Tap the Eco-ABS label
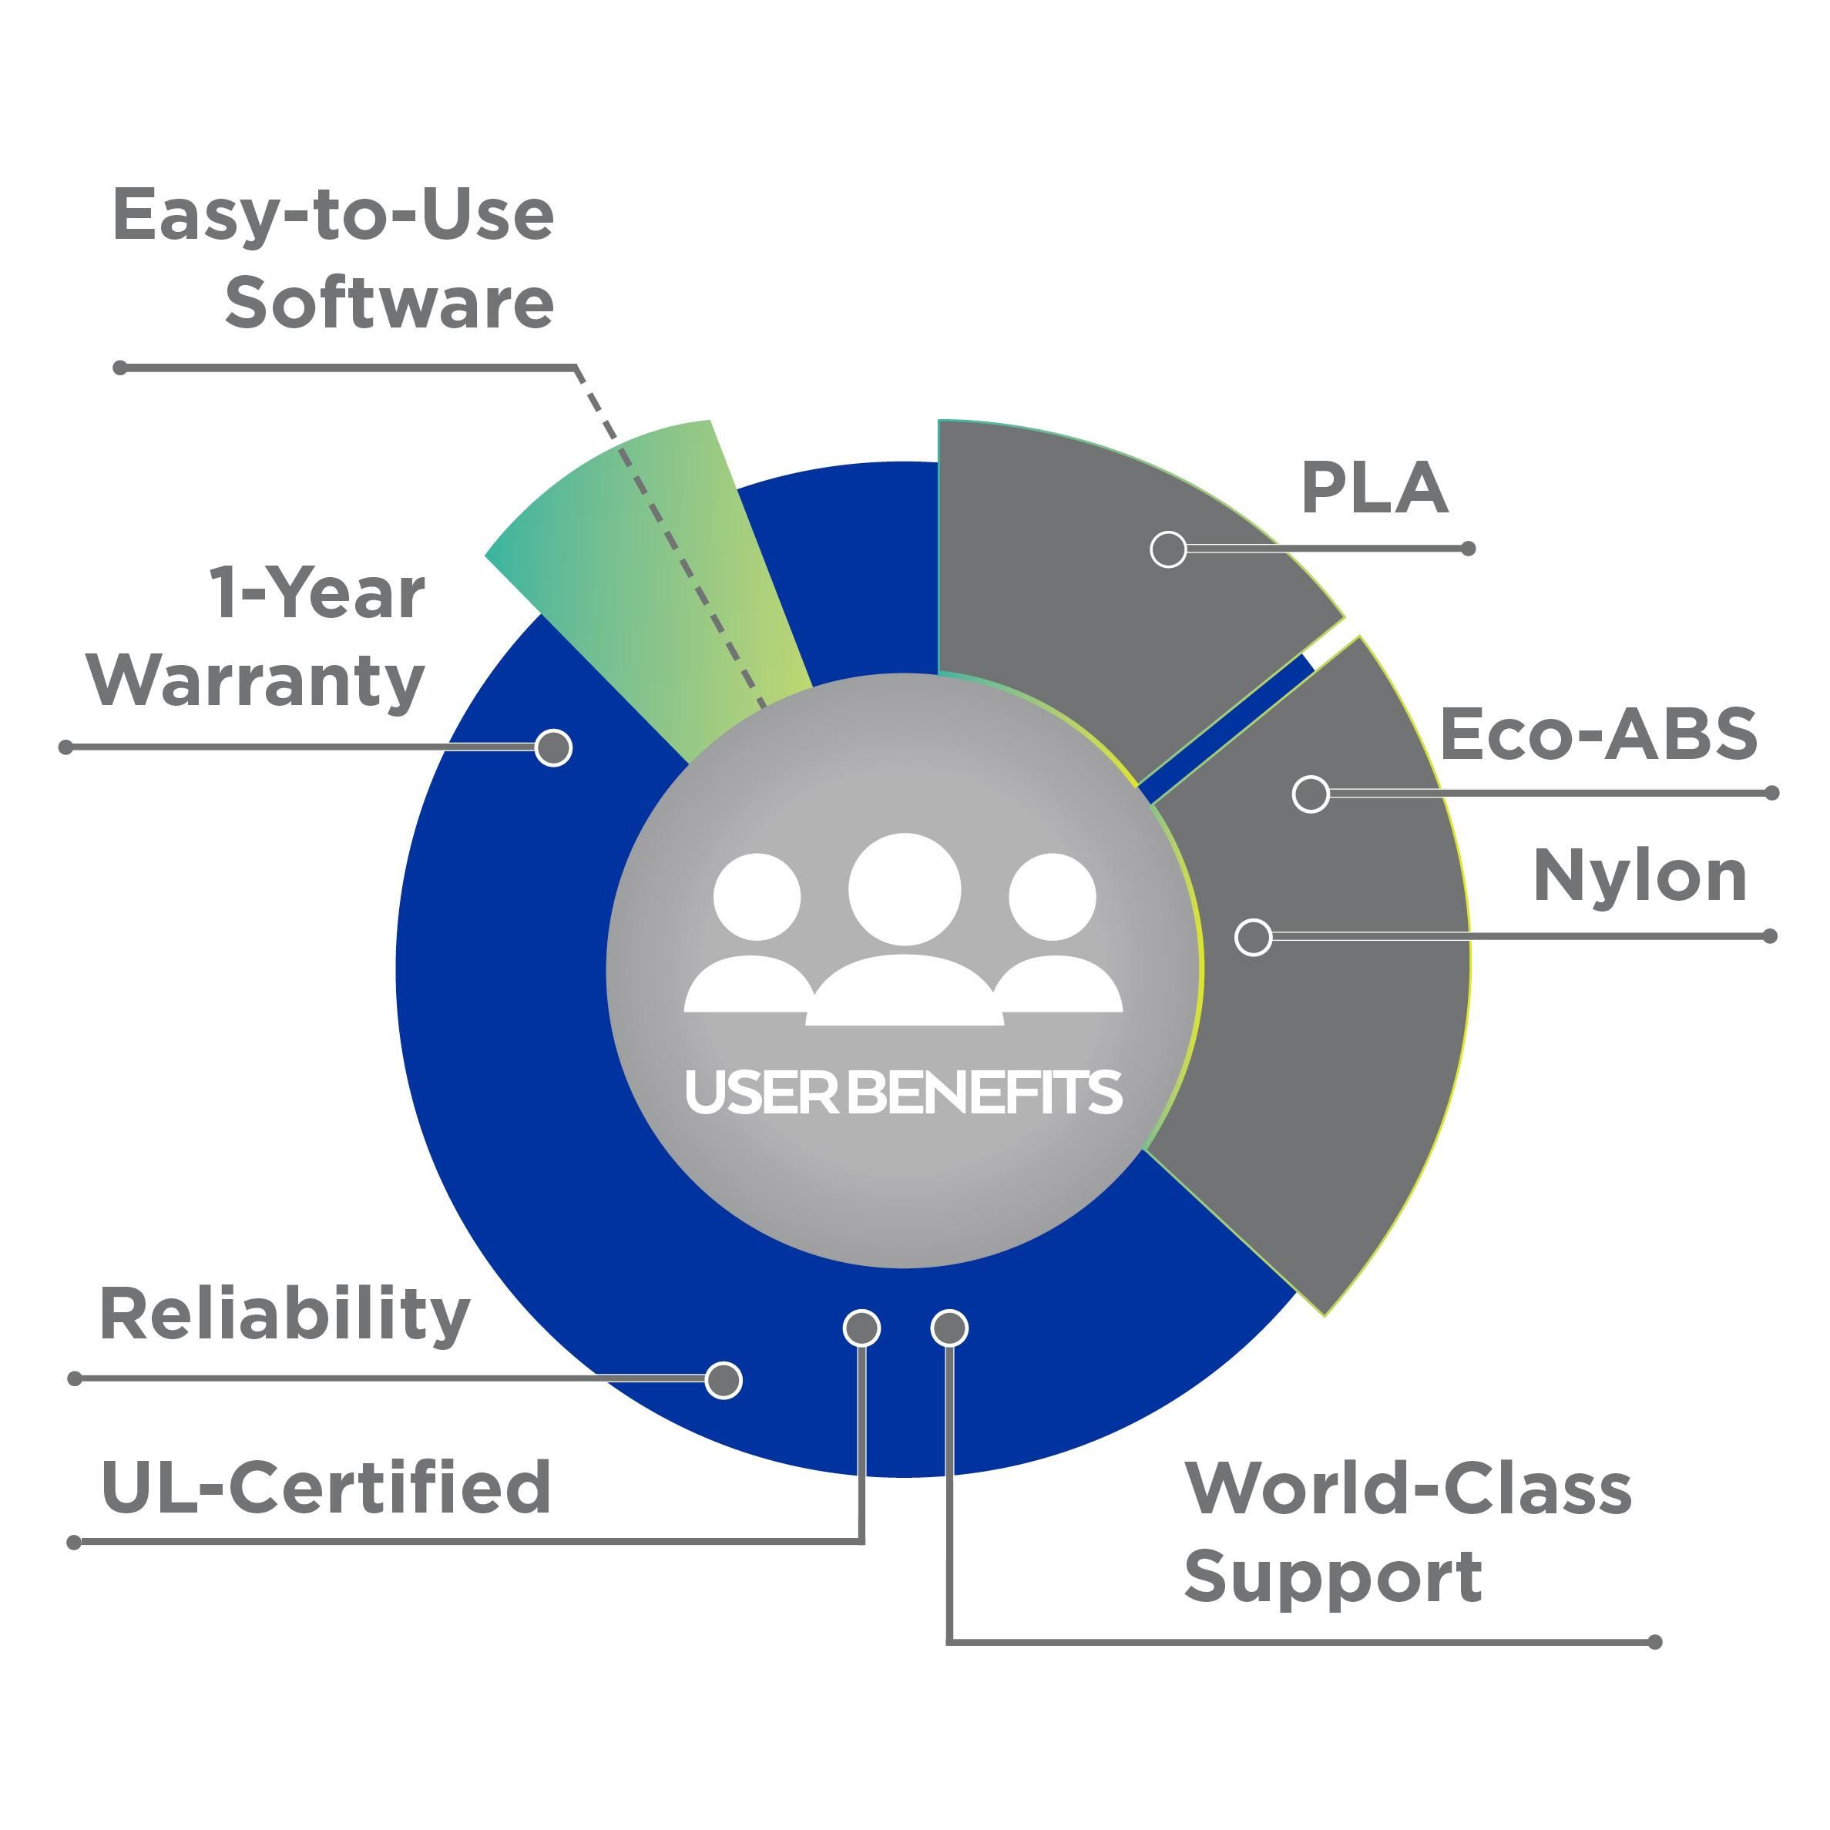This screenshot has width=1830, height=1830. pyautogui.click(x=1598, y=734)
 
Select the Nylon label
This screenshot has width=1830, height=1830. pyautogui.click(x=1640, y=876)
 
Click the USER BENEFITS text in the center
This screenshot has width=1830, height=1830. pyautogui.click(x=904, y=1091)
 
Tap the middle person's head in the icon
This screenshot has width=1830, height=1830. pyautogui.click(x=905, y=889)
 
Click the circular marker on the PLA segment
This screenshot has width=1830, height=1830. pyautogui.click(x=1168, y=549)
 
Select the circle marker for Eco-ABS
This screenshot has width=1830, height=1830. pyautogui.click(x=1311, y=794)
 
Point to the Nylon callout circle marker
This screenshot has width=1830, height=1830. pyautogui.click(x=1253, y=938)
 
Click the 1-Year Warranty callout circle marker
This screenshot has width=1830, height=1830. pyautogui.click(x=553, y=748)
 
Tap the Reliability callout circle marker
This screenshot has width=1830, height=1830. pyautogui.click(x=724, y=1380)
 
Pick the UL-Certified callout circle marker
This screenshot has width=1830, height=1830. pyautogui.click(x=861, y=1328)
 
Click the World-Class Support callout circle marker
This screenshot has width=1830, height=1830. pyautogui.click(x=949, y=1328)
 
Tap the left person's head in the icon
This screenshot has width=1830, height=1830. pyautogui.click(x=757, y=897)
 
